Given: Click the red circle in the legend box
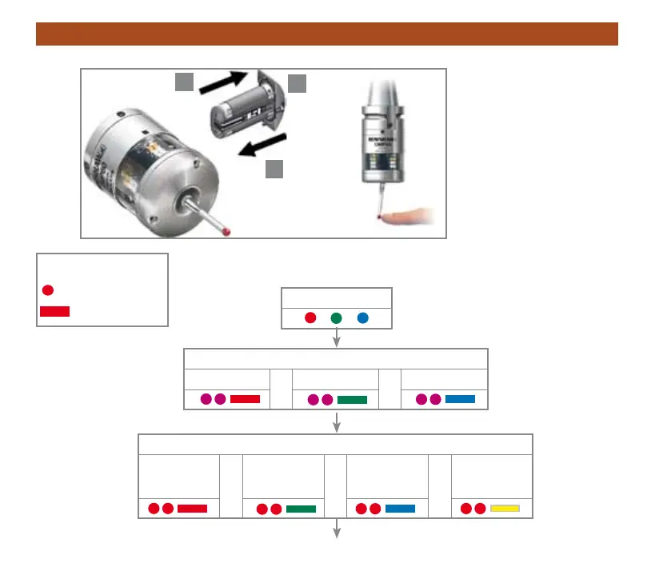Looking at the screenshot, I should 48,289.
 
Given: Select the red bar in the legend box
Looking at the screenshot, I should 54,311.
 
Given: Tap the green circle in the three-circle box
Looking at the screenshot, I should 336,318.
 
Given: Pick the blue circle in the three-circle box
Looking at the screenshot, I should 362,318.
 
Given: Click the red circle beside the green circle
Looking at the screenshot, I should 310,318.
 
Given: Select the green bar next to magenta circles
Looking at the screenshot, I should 352,399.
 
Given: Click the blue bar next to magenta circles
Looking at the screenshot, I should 460,398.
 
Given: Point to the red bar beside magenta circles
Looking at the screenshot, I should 245,398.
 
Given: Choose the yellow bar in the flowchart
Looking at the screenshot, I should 505,508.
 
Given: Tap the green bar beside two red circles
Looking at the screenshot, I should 301,508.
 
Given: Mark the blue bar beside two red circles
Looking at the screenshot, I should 400,508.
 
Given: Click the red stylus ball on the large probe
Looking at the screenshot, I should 231,232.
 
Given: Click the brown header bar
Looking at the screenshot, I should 327,34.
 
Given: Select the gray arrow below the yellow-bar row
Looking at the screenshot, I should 337,529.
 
